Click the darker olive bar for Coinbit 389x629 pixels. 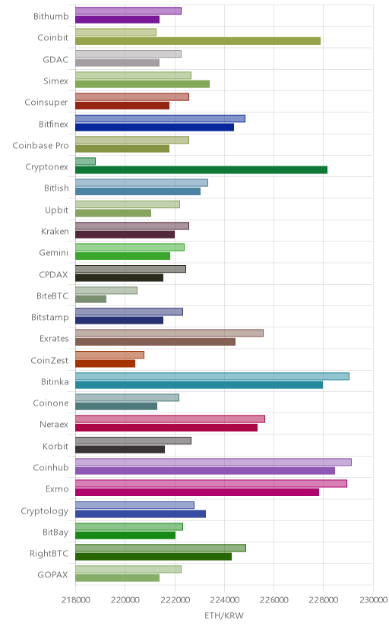coord(198,41)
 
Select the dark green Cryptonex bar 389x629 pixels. coord(201,169)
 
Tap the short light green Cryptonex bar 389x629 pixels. coord(85,161)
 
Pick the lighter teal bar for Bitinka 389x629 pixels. coord(212,376)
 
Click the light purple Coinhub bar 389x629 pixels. coord(213,462)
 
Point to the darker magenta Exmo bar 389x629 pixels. coord(198,492)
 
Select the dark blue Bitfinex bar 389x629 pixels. coord(154,127)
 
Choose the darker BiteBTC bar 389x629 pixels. coord(90,299)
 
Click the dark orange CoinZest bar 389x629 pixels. coord(105,363)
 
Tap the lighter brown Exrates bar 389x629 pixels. coord(169,333)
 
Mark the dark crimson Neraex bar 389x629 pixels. coord(166,428)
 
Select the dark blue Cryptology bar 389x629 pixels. coord(141,514)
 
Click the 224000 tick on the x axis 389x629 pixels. coord(224,600)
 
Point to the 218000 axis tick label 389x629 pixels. coord(76,600)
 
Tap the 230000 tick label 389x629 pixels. coord(373,600)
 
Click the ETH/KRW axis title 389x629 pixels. coord(224,615)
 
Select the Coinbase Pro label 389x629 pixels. coord(40,145)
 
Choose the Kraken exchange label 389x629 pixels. coord(55,232)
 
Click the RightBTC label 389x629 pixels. coord(49,554)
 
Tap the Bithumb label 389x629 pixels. coord(51,17)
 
